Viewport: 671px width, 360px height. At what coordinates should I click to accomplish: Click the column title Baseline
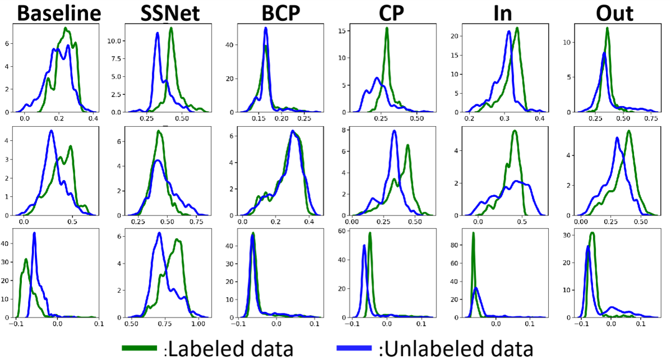(51, 13)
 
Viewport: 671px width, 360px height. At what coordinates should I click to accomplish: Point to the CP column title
(385, 13)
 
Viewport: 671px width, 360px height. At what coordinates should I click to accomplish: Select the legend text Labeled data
(231, 349)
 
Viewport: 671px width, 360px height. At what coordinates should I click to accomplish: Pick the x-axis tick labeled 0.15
(259, 119)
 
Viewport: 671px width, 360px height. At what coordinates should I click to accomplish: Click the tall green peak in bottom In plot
(473, 233)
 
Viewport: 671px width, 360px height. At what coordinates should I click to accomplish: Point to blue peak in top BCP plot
(266, 28)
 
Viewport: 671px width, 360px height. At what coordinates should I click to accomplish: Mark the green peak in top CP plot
(387, 29)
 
